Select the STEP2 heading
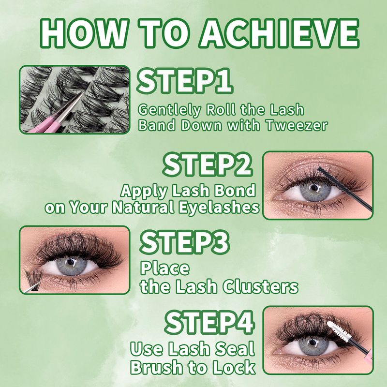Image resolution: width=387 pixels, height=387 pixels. (x=208, y=164)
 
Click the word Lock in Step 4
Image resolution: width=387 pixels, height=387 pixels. (x=235, y=367)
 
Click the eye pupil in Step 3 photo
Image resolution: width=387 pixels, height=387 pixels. (x=70, y=264)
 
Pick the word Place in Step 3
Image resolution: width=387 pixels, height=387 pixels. (x=164, y=268)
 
